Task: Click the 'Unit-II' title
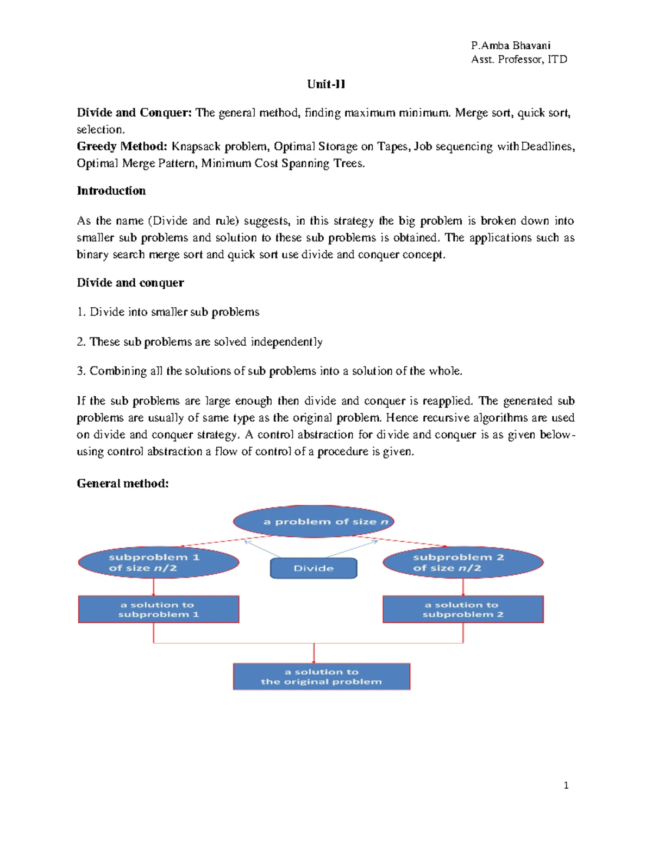(326, 84)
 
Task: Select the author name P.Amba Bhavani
(511, 46)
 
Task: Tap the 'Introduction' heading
(111, 191)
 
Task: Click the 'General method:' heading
(123, 484)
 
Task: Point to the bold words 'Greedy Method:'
(122, 147)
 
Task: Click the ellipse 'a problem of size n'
(314, 522)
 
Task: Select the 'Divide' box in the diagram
(314, 568)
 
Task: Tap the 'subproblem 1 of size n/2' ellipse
(158, 562)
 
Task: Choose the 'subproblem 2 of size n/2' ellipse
(463, 562)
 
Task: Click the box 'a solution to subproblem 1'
(158, 609)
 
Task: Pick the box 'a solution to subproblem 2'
(463, 609)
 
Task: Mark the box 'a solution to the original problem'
(321, 676)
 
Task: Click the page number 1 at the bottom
(566, 785)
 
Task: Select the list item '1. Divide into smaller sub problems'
(168, 312)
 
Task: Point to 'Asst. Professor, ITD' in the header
(519, 60)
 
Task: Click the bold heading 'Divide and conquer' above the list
(130, 283)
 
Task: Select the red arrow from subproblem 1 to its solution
(154, 587)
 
